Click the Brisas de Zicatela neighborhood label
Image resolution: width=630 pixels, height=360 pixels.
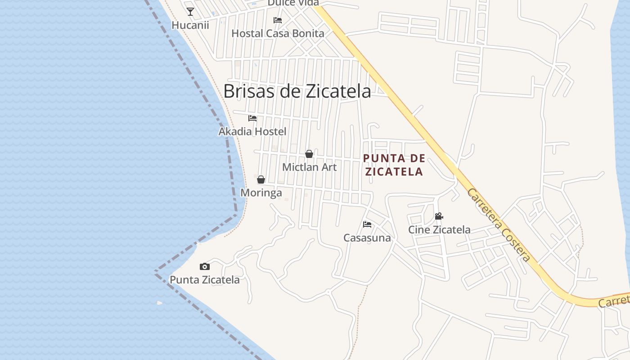(x=297, y=91)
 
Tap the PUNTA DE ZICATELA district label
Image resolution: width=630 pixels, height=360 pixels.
(x=394, y=165)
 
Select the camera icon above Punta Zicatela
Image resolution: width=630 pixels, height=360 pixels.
(x=205, y=266)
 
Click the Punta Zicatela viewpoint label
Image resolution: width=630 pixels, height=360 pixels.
(x=205, y=279)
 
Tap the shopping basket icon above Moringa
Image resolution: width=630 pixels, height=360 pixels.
(x=261, y=180)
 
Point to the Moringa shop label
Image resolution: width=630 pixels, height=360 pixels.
(x=261, y=193)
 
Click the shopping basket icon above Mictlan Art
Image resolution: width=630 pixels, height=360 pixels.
(x=309, y=154)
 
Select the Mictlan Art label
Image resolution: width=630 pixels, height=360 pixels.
(x=309, y=167)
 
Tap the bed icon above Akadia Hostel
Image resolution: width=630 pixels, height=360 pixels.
(x=252, y=118)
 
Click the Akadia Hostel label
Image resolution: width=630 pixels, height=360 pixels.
(x=252, y=131)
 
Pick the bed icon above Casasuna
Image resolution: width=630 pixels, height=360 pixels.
(x=367, y=224)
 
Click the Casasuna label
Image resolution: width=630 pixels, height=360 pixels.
(x=367, y=238)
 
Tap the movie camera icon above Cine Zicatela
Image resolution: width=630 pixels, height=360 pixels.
(x=439, y=216)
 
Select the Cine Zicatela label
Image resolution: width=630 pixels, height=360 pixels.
(x=439, y=229)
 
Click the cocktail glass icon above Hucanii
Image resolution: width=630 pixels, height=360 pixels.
(x=190, y=12)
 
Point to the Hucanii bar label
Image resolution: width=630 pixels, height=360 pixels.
(x=190, y=25)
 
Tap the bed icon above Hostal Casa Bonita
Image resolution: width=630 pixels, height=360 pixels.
(x=278, y=20)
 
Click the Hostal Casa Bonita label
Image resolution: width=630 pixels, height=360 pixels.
(x=278, y=33)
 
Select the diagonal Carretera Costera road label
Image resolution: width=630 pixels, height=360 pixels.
(x=499, y=225)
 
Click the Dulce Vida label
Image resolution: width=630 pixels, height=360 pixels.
(x=293, y=3)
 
